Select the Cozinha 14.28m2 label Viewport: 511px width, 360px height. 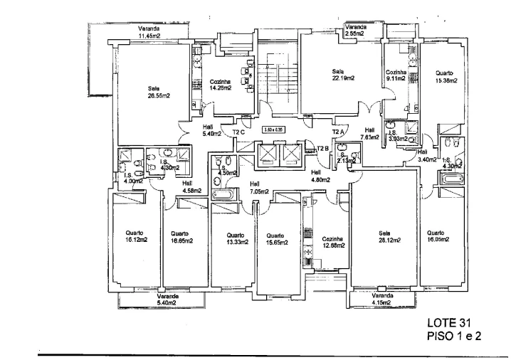tap(221, 85)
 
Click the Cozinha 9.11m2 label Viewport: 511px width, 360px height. tap(396, 75)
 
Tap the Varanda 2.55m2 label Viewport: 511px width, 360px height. tap(354, 30)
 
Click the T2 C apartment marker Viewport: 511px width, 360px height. tap(238, 132)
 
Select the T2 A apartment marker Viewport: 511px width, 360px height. tap(338, 132)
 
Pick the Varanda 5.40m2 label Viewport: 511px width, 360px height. tap(167, 300)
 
